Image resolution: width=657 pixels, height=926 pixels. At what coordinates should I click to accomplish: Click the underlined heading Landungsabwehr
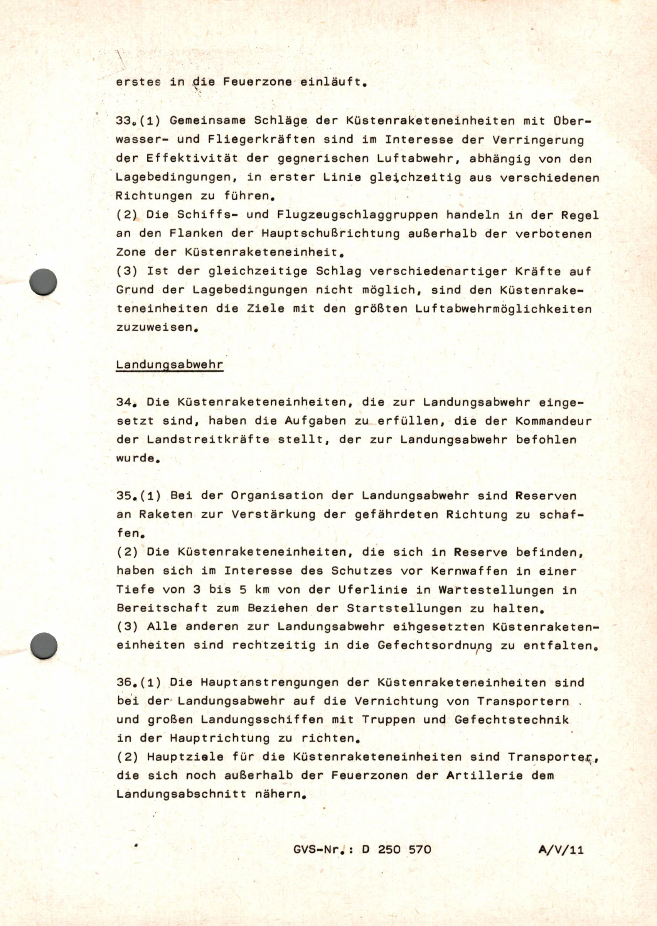point(170,365)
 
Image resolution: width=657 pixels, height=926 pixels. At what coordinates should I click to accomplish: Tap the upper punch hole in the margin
point(43,281)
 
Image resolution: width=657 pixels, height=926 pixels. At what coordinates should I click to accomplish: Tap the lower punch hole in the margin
point(44,645)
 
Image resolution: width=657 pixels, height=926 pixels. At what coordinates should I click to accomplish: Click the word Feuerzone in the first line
point(257,82)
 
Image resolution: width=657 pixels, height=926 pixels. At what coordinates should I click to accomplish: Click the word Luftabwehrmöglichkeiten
point(503,309)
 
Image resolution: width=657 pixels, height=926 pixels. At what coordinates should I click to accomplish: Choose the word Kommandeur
point(553,421)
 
